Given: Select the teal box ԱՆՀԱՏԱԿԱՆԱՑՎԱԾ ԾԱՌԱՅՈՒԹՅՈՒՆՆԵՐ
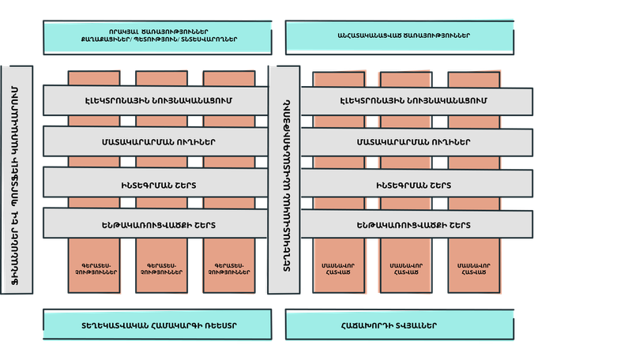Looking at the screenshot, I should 403,35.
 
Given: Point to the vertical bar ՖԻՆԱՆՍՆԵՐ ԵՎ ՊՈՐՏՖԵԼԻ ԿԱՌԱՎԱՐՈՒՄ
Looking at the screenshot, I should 17,180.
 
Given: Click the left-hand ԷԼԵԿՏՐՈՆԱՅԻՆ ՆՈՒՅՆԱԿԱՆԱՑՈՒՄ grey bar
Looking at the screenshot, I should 155,101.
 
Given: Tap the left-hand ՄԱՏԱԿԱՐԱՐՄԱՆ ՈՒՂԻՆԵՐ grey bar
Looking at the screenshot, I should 155,142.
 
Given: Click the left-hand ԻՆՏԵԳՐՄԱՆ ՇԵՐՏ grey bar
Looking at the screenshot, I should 155,183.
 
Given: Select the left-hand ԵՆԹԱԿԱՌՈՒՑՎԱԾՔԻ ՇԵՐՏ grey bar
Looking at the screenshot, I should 155,224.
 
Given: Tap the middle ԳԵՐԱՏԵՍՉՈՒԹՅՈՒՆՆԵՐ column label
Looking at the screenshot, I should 161,267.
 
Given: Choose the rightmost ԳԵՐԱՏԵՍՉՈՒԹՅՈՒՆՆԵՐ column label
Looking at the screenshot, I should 228,267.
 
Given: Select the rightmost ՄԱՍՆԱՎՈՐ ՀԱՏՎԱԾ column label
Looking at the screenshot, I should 471,267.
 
